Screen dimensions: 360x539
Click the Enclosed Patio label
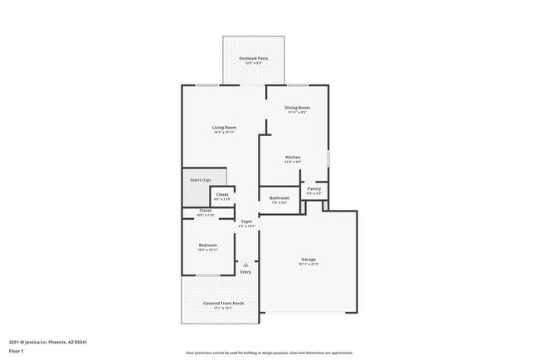pyautogui.click(x=253, y=58)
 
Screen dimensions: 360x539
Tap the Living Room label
pyautogui.click(x=224, y=127)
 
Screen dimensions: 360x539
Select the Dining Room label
pyautogui.click(x=297, y=108)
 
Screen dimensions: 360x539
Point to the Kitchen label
pyautogui.click(x=293, y=157)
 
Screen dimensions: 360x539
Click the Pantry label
pyautogui.click(x=313, y=189)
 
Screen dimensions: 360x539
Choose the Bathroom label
pyautogui.click(x=279, y=198)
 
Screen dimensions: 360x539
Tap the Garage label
pyautogui.click(x=308, y=260)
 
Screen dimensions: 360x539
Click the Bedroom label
pyautogui.click(x=207, y=245)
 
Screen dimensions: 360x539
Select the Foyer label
pyautogui.click(x=246, y=221)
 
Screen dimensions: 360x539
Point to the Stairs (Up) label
pyautogui.click(x=201, y=180)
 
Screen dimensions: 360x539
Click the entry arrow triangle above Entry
pyautogui.click(x=245, y=265)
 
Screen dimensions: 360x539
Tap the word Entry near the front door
pyautogui.click(x=245, y=272)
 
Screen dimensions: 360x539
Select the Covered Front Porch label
pyautogui.click(x=222, y=304)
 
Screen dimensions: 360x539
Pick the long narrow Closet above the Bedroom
pyautogui.click(x=206, y=212)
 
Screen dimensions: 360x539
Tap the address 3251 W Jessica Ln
pyautogui.click(x=48, y=342)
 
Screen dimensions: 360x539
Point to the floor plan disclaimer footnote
pyautogui.click(x=269, y=353)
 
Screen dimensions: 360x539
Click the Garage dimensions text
pyautogui.click(x=308, y=265)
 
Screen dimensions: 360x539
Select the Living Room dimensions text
pyautogui.click(x=224, y=132)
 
